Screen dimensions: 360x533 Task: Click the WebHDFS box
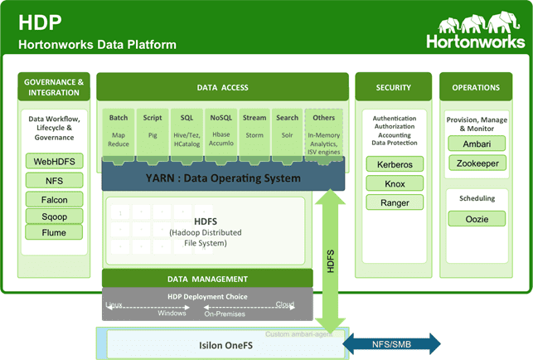pos(54,160)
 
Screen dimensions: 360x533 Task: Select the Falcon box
pos(54,199)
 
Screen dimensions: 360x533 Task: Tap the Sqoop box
pos(54,216)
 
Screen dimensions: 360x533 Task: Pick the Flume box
pos(54,232)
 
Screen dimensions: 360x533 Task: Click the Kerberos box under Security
pos(395,164)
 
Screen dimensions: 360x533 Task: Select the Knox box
pos(395,183)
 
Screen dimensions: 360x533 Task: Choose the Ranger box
pos(395,202)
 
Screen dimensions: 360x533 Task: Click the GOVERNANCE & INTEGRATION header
pos(54,87)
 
